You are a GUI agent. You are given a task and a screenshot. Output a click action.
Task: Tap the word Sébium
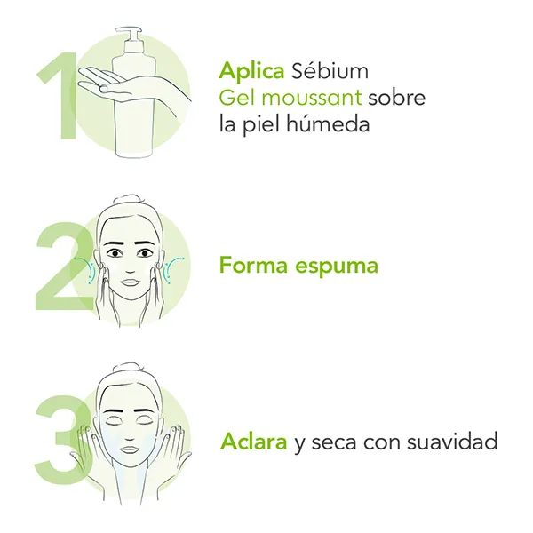point(330,71)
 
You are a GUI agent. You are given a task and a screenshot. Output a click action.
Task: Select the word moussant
point(312,98)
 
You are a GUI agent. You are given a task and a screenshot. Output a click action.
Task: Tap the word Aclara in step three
point(253,442)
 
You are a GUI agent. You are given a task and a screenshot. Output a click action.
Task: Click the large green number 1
point(60,96)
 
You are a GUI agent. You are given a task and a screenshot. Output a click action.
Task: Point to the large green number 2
point(65,266)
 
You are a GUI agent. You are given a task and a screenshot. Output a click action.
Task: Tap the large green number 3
point(63,438)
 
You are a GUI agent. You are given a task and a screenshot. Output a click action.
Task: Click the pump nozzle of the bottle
point(128,30)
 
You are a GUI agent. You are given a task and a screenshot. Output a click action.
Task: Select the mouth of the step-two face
point(131,282)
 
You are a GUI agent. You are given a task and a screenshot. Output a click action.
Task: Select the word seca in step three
point(334,442)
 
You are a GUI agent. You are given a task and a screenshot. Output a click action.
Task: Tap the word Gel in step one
point(237,98)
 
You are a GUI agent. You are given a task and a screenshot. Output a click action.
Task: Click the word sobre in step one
point(397,98)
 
